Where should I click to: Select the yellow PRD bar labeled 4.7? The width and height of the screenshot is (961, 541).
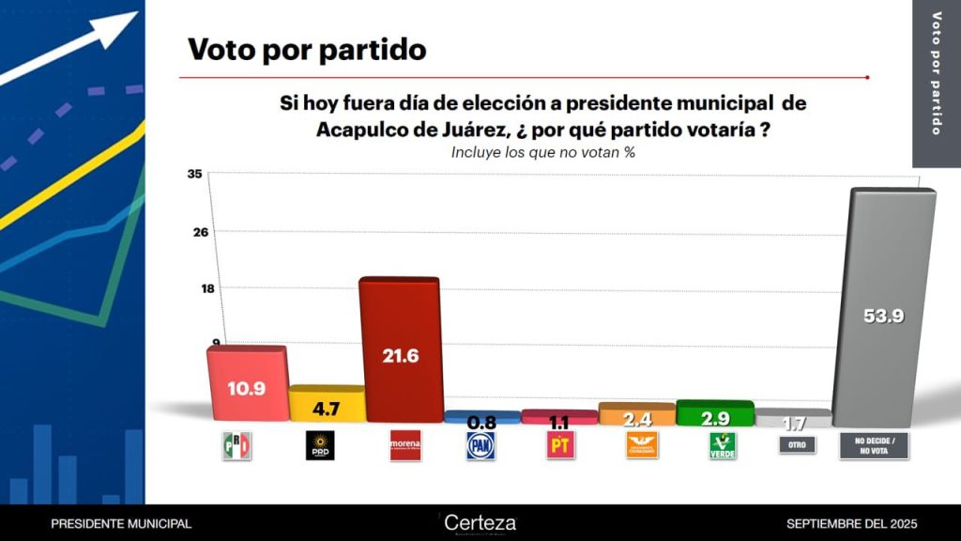(x=326, y=405)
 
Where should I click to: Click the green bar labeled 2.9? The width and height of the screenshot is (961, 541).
(x=714, y=413)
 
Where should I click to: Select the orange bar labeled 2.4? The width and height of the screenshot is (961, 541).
(x=636, y=415)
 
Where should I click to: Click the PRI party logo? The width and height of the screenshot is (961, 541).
(x=236, y=446)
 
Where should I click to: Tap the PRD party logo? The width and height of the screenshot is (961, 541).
(x=320, y=446)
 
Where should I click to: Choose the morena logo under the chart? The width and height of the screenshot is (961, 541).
(x=404, y=446)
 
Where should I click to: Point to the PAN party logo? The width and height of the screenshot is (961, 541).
(x=480, y=446)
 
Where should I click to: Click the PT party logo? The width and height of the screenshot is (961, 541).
(x=559, y=446)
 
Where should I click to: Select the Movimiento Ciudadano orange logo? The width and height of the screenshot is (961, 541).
(x=642, y=445)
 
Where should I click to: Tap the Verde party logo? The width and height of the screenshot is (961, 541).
(x=722, y=446)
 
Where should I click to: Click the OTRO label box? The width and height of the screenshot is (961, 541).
(x=797, y=445)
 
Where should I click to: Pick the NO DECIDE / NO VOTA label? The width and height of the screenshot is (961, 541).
(x=874, y=445)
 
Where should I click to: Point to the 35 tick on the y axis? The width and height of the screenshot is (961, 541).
(x=195, y=174)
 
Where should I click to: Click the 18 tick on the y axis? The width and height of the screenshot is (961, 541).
(x=195, y=288)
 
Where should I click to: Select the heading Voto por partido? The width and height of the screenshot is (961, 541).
(x=307, y=49)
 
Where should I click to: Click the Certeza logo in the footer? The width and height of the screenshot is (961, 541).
(x=480, y=523)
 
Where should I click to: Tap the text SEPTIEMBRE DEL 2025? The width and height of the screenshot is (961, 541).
(x=851, y=523)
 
